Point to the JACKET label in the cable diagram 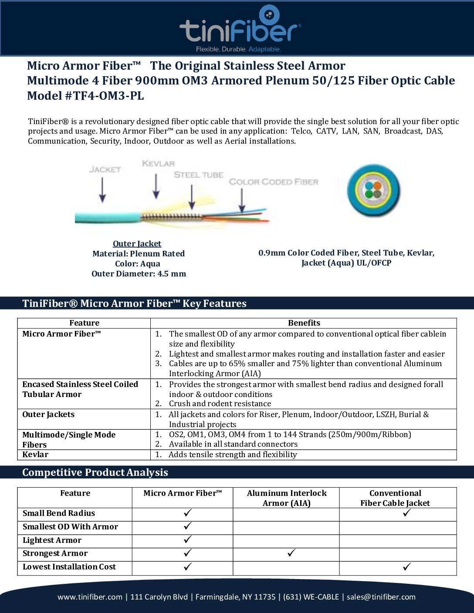[105, 169]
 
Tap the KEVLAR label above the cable [158, 164]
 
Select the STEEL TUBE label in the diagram [199, 175]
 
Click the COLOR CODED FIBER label [274, 182]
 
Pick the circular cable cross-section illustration [373, 190]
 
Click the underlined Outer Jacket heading [137, 244]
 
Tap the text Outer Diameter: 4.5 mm [139, 274]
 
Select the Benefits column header [304, 323]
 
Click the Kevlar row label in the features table [35, 455]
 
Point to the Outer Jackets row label [48, 414]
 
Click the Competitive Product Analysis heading [95, 472]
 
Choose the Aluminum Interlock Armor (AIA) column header [286, 498]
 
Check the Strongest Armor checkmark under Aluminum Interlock [291, 553]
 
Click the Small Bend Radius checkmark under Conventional [407, 513]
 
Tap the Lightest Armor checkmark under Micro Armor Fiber [188, 540]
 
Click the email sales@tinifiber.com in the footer [381, 597]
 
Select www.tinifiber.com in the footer [90, 597]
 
